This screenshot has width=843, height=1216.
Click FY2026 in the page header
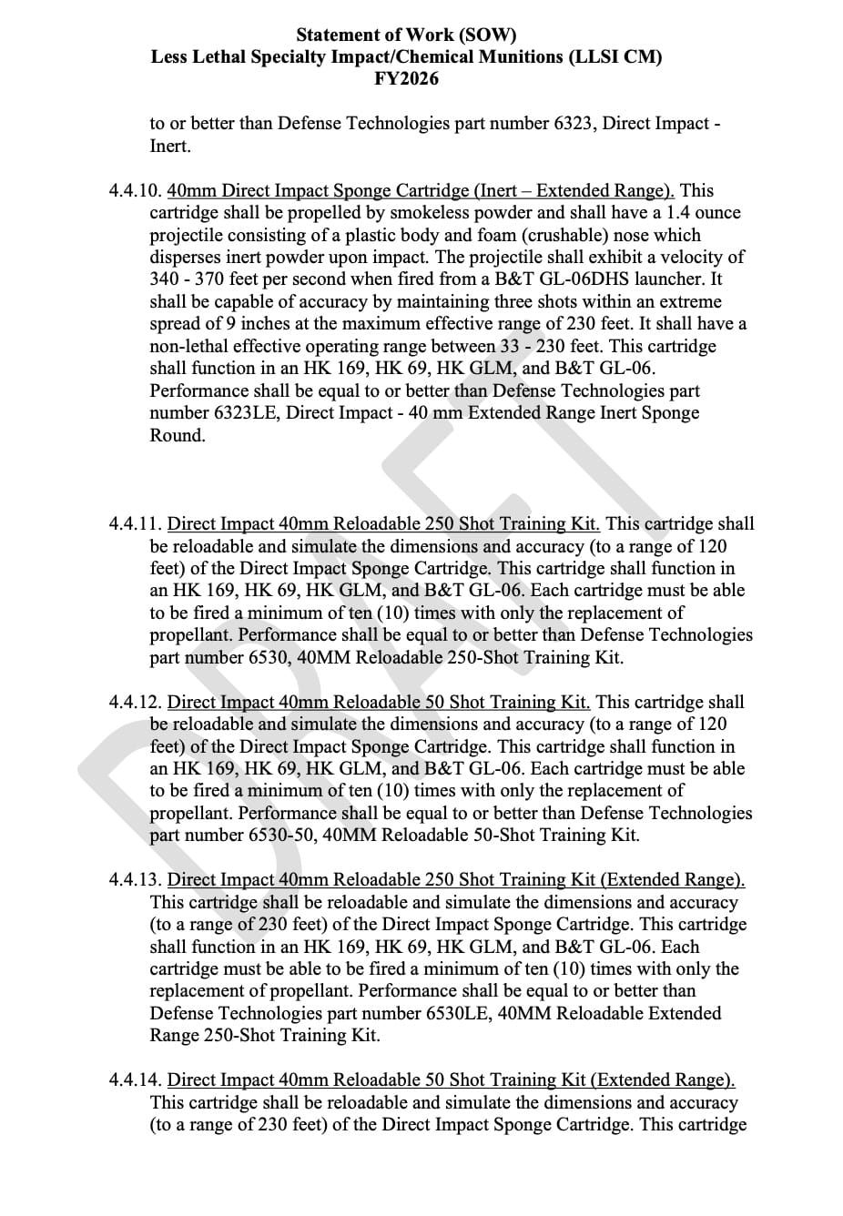[406, 79]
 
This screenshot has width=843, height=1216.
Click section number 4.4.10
[135, 191]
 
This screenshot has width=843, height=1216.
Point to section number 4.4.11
[135, 524]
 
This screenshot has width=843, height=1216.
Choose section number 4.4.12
[135, 703]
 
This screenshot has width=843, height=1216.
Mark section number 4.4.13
[135, 880]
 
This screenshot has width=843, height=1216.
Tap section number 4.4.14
[135, 1080]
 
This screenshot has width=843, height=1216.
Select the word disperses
[187, 258]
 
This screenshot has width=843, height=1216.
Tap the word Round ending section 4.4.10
[177, 436]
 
